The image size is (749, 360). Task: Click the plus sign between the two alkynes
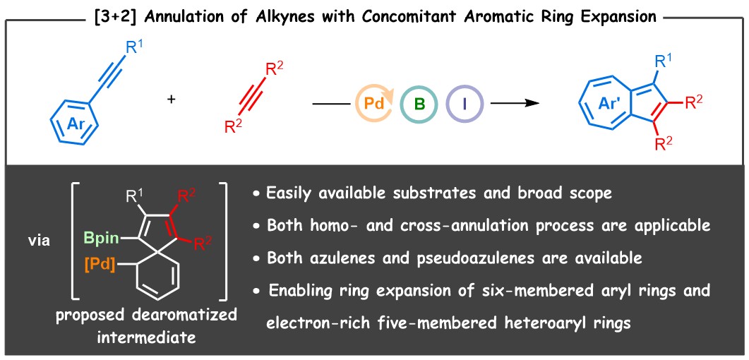(171, 100)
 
